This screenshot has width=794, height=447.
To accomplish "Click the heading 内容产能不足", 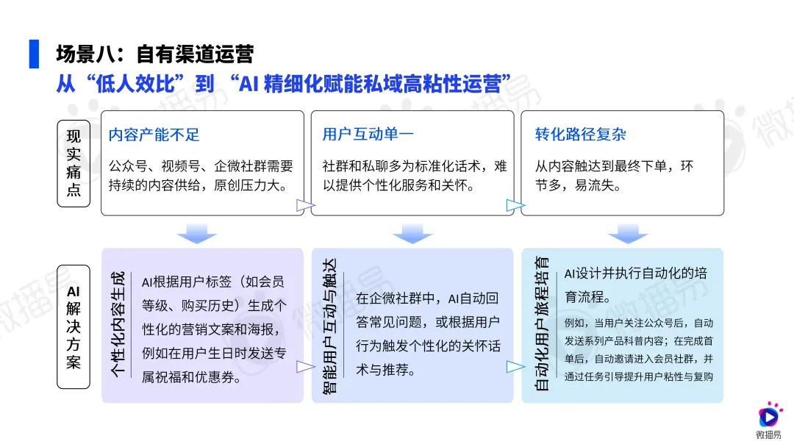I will (154, 135).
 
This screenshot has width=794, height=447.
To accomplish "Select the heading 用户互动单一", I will (368, 135).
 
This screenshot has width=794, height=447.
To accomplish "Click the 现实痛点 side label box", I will (74, 163).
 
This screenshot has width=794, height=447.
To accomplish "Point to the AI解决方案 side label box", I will (74, 326).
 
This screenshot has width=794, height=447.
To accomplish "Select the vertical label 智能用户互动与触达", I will (329, 326).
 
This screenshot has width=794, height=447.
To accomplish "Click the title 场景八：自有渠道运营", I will (154, 54).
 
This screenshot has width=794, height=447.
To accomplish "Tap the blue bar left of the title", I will (34, 54).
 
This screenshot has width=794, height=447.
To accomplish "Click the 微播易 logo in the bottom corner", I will (769, 419).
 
